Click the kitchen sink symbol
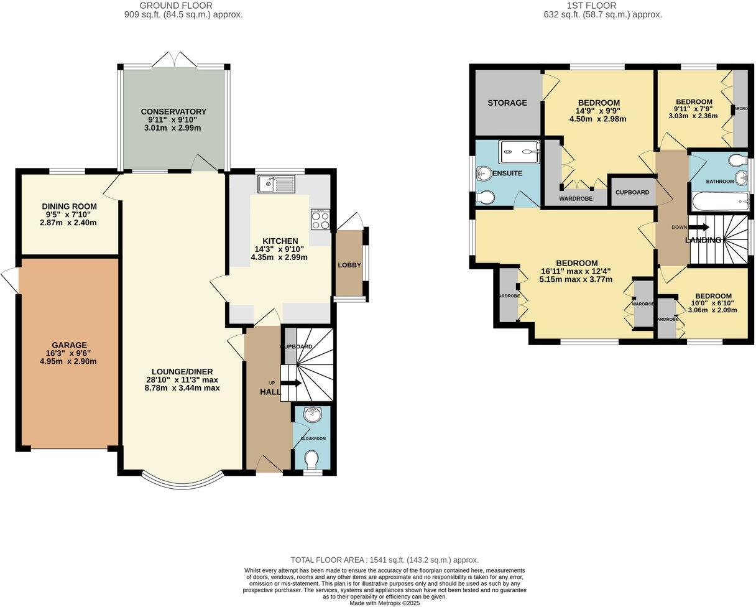tap(277, 184)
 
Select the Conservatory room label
tap(173, 112)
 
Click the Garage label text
tap(70, 345)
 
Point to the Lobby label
tap(349, 265)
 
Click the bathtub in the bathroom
tap(719, 201)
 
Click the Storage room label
tap(507, 103)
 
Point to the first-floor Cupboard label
tap(632, 192)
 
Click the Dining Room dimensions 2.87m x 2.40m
tap(68, 223)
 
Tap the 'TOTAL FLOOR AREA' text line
tap(384, 560)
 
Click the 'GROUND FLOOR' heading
tap(183, 6)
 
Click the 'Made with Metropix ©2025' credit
tap(385, 603)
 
